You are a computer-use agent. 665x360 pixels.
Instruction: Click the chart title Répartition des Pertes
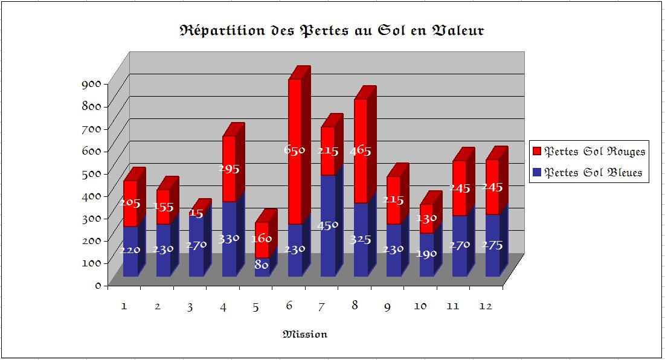coord(332,31)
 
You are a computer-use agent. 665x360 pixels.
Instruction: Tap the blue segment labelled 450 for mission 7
coord(327,242)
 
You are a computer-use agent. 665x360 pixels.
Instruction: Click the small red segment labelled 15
coord(196,213)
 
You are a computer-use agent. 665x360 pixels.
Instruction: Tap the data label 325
coord(360,239)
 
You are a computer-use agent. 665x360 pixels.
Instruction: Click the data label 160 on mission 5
coord(262,238)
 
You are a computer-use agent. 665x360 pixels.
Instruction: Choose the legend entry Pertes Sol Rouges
coord(594,151)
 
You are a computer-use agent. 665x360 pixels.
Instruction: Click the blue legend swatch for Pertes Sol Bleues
coord(537,173)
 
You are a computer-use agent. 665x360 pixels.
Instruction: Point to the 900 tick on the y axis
coord(91,85)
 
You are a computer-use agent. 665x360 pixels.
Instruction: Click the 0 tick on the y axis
coord(97,286)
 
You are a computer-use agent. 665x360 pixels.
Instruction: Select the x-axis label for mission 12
coord(486,306)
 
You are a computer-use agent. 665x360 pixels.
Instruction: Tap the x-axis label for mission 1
coord(124,306)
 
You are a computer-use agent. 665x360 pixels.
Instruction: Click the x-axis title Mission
coord(305,334)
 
